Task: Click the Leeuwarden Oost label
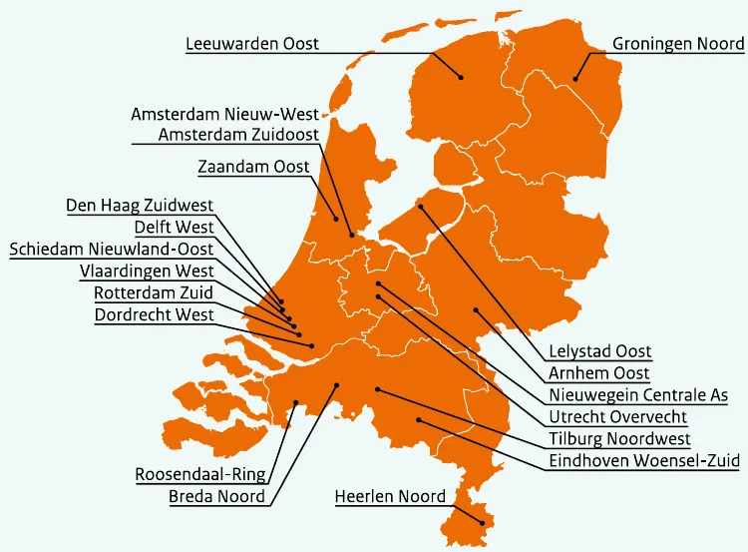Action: pos(252,44)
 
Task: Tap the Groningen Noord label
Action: pos(677,44)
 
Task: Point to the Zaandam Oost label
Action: pos(253,167)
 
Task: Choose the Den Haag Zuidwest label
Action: pos(139,206)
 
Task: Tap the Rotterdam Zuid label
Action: pos(154,292)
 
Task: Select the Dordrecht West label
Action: pos(154,315)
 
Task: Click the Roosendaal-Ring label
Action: pos(199,474)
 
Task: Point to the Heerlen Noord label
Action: pos(390,496)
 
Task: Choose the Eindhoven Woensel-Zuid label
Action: pos(644,461)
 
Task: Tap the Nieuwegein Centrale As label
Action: pos(638,395)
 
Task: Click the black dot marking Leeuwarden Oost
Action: pos(462,77)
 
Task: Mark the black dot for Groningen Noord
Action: pos(575,81)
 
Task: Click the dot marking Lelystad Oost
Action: pos(421,207)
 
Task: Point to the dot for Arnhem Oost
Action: pos(476,309)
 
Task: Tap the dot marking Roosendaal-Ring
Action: pos(296,403)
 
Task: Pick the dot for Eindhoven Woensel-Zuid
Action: pos(419,421)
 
